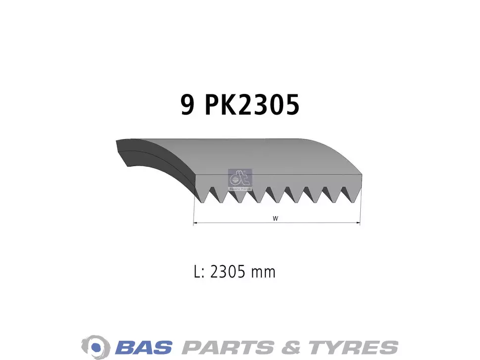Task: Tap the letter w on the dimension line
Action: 275,218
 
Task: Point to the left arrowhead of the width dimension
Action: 196,223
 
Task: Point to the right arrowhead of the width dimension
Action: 357,223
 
